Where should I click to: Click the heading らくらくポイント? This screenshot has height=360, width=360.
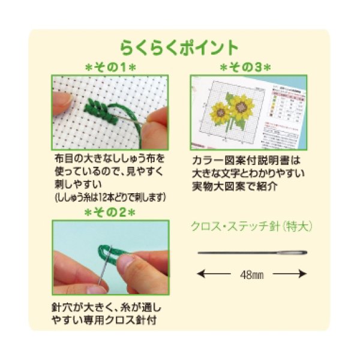(x=179, y=47)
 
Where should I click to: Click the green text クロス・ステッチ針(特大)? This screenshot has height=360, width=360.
(x=252, y=227)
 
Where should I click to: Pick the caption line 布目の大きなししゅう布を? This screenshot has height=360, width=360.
(x=109, y=160)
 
